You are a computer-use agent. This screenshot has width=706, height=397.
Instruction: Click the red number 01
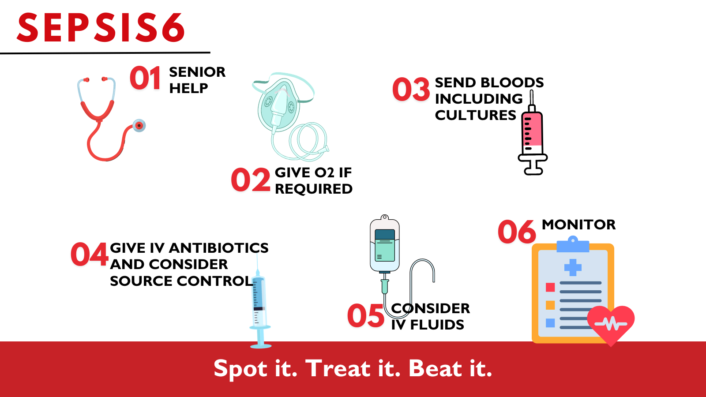145,79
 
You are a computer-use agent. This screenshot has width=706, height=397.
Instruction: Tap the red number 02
251,180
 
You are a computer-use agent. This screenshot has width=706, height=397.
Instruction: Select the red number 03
411,89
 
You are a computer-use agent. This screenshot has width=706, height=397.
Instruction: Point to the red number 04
90,255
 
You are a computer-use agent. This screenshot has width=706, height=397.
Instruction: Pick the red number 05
366,316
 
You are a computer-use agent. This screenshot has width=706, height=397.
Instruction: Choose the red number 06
517,232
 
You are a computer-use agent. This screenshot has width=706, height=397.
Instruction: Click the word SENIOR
197,72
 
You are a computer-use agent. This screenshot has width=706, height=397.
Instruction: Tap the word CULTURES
475,115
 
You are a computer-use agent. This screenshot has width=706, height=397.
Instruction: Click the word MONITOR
578,225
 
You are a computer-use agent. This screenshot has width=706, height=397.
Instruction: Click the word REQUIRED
314,189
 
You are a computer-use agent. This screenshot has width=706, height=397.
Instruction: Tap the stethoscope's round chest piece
139,126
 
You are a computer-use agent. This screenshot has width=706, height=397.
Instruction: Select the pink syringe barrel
532,131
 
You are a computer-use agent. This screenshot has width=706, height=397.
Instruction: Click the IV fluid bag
385,245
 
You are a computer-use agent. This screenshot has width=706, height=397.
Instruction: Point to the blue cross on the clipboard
573,267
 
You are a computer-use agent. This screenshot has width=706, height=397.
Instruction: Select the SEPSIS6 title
101,28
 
